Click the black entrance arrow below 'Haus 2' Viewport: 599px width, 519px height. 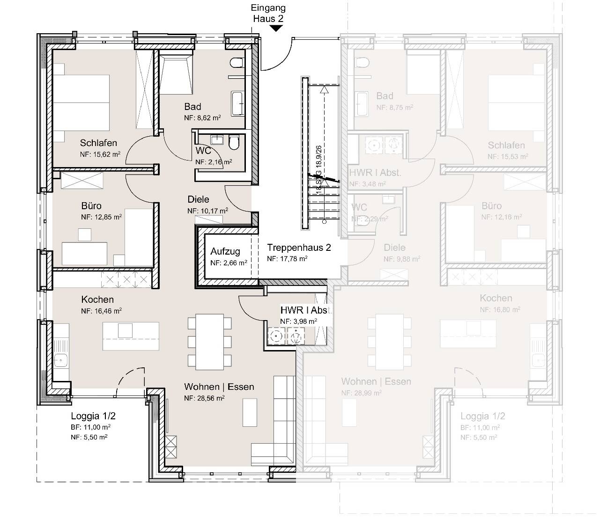tap(276, 28)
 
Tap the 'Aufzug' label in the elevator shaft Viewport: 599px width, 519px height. tap(225, 252)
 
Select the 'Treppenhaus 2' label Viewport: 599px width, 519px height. tap(299, 248)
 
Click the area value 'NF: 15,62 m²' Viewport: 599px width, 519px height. tap(101, 154)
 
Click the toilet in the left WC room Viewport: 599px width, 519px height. tap(234, 142)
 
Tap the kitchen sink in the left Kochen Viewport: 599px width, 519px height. tap(61, 360)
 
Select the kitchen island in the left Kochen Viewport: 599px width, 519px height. tap(131, 336)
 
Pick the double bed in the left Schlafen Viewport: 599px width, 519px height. tap(81, 102)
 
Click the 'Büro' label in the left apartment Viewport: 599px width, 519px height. tap(91, 206)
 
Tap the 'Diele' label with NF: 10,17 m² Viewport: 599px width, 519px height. tap(198, 199)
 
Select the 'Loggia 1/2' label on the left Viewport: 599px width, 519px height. tap(93, 416)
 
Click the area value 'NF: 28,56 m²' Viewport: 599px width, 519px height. tap(204, 398)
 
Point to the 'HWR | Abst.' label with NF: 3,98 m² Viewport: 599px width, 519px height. tap(305, 310)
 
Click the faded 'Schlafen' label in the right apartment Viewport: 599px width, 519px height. tap(506, 146)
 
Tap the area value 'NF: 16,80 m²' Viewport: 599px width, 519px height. tap(500, 309)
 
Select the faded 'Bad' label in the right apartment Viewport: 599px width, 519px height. tap(385, 96)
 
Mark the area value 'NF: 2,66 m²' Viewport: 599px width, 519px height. tap(229, 263)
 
